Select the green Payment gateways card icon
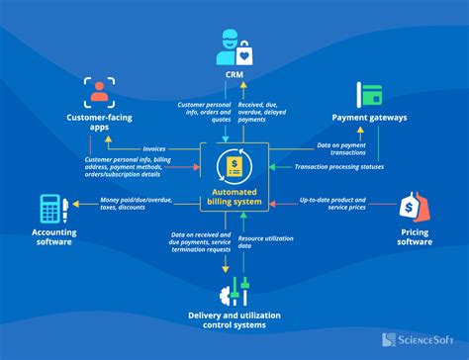click(x=370, y=95)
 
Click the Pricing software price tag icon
click(x=415, y=207)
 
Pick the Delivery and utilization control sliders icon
click(x=234, y=292)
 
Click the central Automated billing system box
click(x=234, y=175)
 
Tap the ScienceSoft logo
click(x=419, y=337)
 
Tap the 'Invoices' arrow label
click(x=153, y=148)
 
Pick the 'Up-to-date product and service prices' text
click(x=331, y=202)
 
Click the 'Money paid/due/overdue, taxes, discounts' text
click(x=137, y=204)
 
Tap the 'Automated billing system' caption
click(x=234, y=197)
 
